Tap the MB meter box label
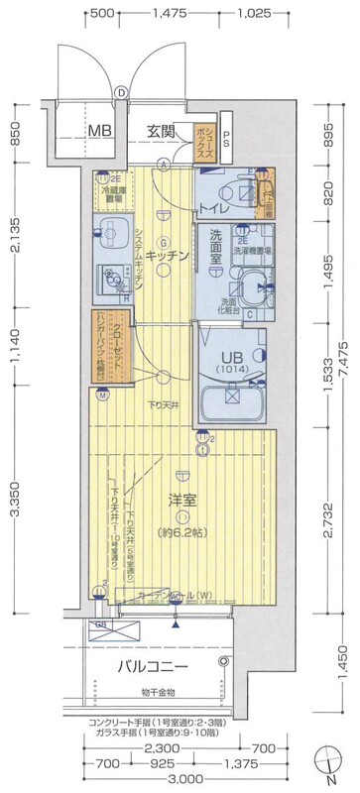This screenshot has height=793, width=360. pyautogui.click(x=97, y=129)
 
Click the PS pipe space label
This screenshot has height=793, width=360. pyautogui.click(x=227, y=142)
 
